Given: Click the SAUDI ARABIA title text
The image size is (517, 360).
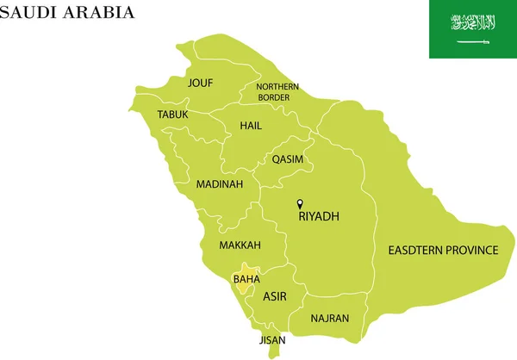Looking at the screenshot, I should (67, 12).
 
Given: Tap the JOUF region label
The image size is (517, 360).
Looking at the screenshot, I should (201, 84).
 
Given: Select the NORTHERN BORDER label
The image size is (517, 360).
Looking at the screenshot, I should (277, 92).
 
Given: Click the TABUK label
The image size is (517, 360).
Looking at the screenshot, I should (172, 115).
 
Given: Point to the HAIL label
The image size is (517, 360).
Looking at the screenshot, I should (251, 126).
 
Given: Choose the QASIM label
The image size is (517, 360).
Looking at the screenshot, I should (287, 159).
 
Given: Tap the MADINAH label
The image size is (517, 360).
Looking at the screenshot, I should (220, 184).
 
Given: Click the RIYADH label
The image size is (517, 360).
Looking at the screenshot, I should (319, 217).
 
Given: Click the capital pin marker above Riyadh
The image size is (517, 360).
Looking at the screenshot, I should (300, 204).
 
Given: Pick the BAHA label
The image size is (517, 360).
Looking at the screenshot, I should (246, 279).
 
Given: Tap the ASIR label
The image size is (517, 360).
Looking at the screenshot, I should (275, 297).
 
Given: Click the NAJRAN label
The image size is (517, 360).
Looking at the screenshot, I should (330, 319).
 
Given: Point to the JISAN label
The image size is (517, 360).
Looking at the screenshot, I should (272, 340).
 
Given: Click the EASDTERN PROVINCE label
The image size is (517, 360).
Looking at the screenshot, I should (443, 251).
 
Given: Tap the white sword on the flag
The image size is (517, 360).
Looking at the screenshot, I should (473, 41).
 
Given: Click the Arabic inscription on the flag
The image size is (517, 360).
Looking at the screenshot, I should (473, 22).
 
